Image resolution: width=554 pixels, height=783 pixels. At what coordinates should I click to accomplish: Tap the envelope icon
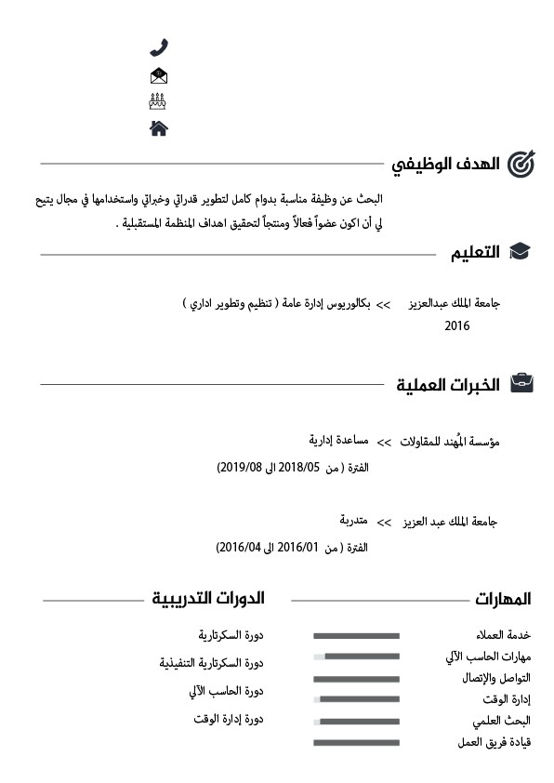[158, 75]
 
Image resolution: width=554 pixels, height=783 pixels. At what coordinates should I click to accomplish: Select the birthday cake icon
[158, 100]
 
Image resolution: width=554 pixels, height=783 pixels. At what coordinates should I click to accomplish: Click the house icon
[158, 127]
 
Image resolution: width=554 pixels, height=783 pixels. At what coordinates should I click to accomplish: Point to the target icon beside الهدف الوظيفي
[522, 165]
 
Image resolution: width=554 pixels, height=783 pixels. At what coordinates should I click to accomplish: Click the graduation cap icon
[521, 252]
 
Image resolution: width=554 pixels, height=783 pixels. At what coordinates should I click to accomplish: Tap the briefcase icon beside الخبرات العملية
[522, 384]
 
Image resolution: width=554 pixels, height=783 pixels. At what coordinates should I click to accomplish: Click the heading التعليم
[475, 252]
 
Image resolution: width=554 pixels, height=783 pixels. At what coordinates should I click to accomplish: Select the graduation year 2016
[457, 326]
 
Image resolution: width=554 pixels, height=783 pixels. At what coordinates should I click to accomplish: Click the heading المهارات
[503, 598]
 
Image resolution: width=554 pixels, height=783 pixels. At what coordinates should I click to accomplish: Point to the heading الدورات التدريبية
[208, 597]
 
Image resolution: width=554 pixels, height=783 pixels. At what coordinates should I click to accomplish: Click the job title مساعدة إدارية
[338, 439]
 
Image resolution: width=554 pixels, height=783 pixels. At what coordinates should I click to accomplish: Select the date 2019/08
[240, 467]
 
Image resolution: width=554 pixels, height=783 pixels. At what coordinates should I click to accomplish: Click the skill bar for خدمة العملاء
[356, 636]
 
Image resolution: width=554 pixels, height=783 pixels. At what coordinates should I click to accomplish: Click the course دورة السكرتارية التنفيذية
[212, 663]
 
